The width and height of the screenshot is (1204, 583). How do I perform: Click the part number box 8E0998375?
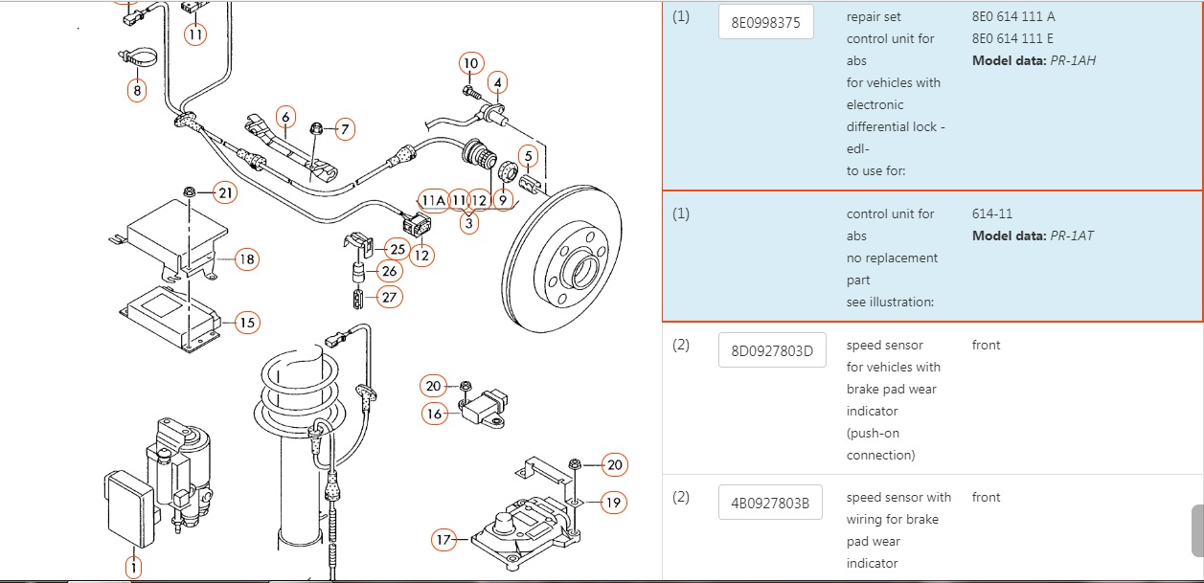765,22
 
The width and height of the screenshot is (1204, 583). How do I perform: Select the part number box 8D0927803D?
772,350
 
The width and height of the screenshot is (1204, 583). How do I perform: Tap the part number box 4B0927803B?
770,503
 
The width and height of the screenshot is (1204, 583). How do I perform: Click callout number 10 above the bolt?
471,63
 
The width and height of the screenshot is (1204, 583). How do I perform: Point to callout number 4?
498,82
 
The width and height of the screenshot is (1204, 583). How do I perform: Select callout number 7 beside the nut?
345,129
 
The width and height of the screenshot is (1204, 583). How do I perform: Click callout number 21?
225,193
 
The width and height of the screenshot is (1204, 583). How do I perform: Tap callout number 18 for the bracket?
247,259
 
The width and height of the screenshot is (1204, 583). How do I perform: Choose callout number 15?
247,323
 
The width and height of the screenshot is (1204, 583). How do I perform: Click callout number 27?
390,297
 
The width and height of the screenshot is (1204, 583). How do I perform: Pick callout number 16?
434,414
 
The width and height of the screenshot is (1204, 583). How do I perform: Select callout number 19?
614,503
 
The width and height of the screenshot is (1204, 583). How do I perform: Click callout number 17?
443,539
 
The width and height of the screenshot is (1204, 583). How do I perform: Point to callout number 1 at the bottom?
133,567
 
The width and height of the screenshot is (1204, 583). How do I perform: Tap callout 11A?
433,201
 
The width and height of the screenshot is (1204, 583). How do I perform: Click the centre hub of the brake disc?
582,272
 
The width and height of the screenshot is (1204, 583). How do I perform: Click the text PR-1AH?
1073,60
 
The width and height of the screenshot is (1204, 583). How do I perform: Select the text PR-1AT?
1072,235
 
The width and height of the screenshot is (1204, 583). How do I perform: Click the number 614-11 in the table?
991,213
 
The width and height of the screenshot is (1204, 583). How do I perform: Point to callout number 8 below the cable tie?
137,90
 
